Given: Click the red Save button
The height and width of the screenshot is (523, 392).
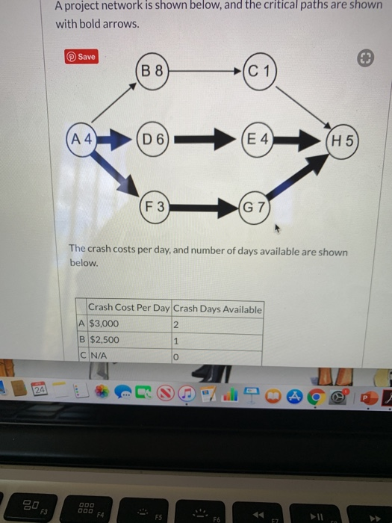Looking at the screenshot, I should pyautogui.click(x=82, y=57).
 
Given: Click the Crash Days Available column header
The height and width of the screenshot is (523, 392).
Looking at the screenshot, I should pyautogui.click(x=217, y=309).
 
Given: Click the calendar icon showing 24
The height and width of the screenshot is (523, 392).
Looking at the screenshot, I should pyautogui.click(x=39, y=390).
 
